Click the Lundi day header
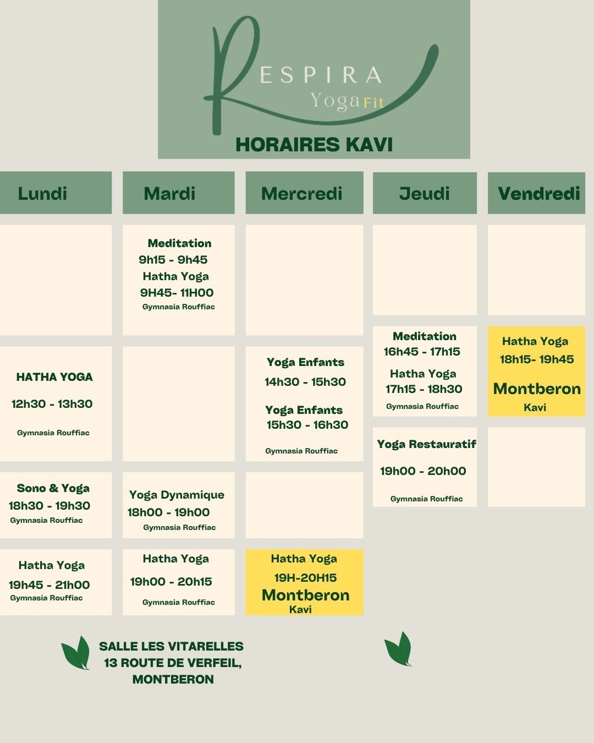pyautogui.click(x=42, y=193)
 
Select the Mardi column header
pyautogui.click(x=169, y=193)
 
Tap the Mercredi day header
pyautogui.click(x=301, y=193)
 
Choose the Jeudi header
pyautogui.click(x=424, y=193)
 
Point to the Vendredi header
pyautogui.click(x=538, y=193)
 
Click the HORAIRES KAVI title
pyautogui.click(x=313, y=145)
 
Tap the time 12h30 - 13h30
pyautogui.click(x=52, y=404)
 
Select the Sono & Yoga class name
pyautogui.click(x=53, y=488)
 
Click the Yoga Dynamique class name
pyautogui.click(x=177, y=495)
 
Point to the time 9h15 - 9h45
pyautogui.click(x=173, y=260)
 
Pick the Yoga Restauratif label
pyautogui.click(x=426, y=444)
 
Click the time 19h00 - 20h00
pyautogui.click(x=423, y=471)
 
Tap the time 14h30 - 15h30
pyautogui.click(x=305, y=382)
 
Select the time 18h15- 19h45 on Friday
pyautogui.click(x=536, y=359)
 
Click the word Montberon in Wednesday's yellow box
pyautogui.click(x=305, y=595)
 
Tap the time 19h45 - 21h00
pyautogui.click(x=49, y=584)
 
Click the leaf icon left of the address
pyautogui.click(x=76, y=653)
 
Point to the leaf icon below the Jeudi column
pyautogui.click(x=398, y=649)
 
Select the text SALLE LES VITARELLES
pyautogui.click(x=171, y=646)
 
